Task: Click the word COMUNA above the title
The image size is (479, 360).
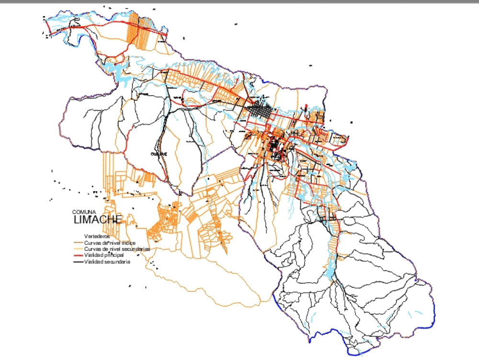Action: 84,212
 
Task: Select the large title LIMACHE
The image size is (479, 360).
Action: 98,220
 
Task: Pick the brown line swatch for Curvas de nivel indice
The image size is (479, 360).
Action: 77,244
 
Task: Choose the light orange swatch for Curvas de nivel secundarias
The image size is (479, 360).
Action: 77,250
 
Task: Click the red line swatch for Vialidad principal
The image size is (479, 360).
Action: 77,256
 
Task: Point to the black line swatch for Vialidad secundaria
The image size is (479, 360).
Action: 77,262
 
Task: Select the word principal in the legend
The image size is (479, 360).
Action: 115,255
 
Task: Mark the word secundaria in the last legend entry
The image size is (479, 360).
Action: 118,262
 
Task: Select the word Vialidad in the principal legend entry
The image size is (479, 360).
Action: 94,255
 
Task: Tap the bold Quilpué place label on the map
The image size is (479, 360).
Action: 159,154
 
